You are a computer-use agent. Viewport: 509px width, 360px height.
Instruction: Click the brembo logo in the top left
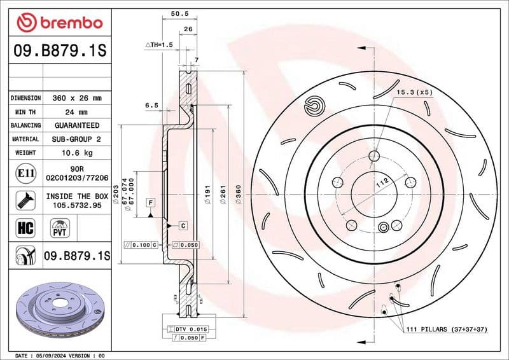(59, 23)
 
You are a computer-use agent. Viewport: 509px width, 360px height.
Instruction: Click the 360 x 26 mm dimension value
(76, 99)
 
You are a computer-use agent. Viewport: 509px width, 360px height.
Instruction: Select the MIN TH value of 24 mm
(76, 112)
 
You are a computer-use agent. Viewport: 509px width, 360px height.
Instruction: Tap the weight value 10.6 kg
(76, 153)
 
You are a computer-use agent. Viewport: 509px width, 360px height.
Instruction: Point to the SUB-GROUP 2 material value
(76, 139)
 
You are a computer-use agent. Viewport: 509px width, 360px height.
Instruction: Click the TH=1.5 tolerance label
(158, 45)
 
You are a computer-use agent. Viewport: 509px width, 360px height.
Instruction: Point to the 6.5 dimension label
(151, 105)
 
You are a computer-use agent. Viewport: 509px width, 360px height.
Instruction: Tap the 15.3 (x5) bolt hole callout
(414, 92)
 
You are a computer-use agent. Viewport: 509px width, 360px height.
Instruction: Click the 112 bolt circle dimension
(382, 184)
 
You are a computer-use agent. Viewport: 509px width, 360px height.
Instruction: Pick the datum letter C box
(182, 226)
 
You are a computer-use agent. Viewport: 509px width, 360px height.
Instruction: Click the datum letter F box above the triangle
(151, 203)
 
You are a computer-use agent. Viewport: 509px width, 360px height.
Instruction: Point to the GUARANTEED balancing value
(76, 125)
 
